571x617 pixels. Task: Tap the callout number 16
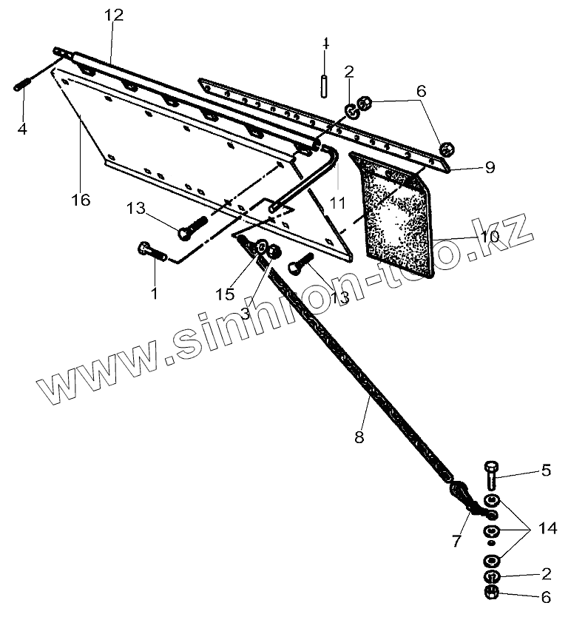pos(81,200)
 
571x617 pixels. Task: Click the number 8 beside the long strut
pos(359,436)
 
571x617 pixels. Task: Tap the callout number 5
pos(546,469)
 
